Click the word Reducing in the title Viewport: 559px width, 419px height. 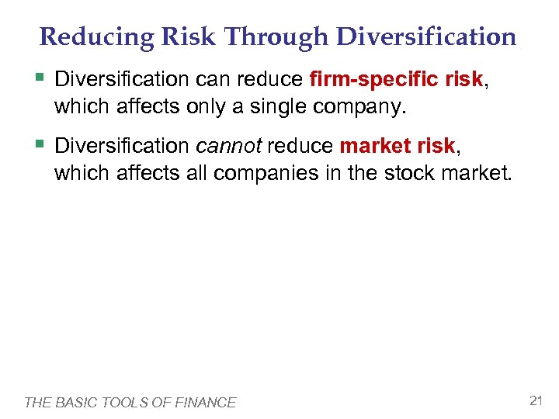click(85, 37)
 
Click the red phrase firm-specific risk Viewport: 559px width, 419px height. click(396, 80)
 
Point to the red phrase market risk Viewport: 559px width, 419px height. click(396, 146)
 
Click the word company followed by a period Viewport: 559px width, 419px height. click(358, 107)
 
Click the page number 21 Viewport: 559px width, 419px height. click(535, 400)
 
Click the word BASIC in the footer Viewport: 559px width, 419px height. click(73, 402)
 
